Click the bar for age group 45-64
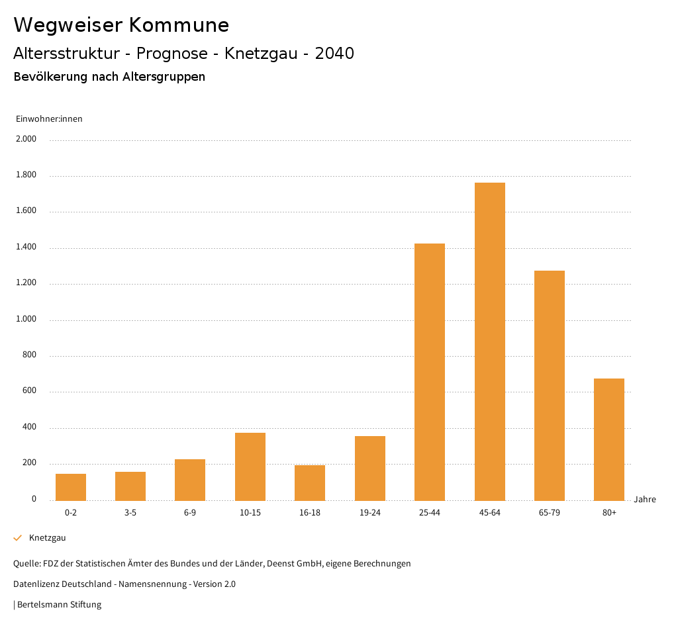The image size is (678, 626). click(489, 341)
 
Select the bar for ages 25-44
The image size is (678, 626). click(430, 372)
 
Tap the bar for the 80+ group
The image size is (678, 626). click(609, 439)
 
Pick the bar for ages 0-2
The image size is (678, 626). click(71, 487)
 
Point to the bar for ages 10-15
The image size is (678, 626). click(250, 467)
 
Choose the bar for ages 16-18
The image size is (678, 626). click(310, 482)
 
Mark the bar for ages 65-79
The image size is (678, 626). click(550, 385)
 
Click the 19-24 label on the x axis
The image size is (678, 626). click(369, 513)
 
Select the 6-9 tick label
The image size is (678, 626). click(190, 513)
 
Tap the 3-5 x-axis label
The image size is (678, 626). click(130, 513)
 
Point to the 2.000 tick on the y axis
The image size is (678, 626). click(26, 140)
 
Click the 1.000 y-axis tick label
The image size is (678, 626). click(26, 320)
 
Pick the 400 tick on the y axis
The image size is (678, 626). click(29, 427)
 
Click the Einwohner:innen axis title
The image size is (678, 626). click(49, 119)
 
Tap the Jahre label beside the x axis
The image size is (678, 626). click(645, 500)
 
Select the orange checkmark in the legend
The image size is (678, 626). click(18, 538)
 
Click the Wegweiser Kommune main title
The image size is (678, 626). click(121, 25)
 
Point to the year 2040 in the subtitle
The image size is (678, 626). click(334, 54)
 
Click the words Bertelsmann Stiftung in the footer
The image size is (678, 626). click(59, 605)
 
